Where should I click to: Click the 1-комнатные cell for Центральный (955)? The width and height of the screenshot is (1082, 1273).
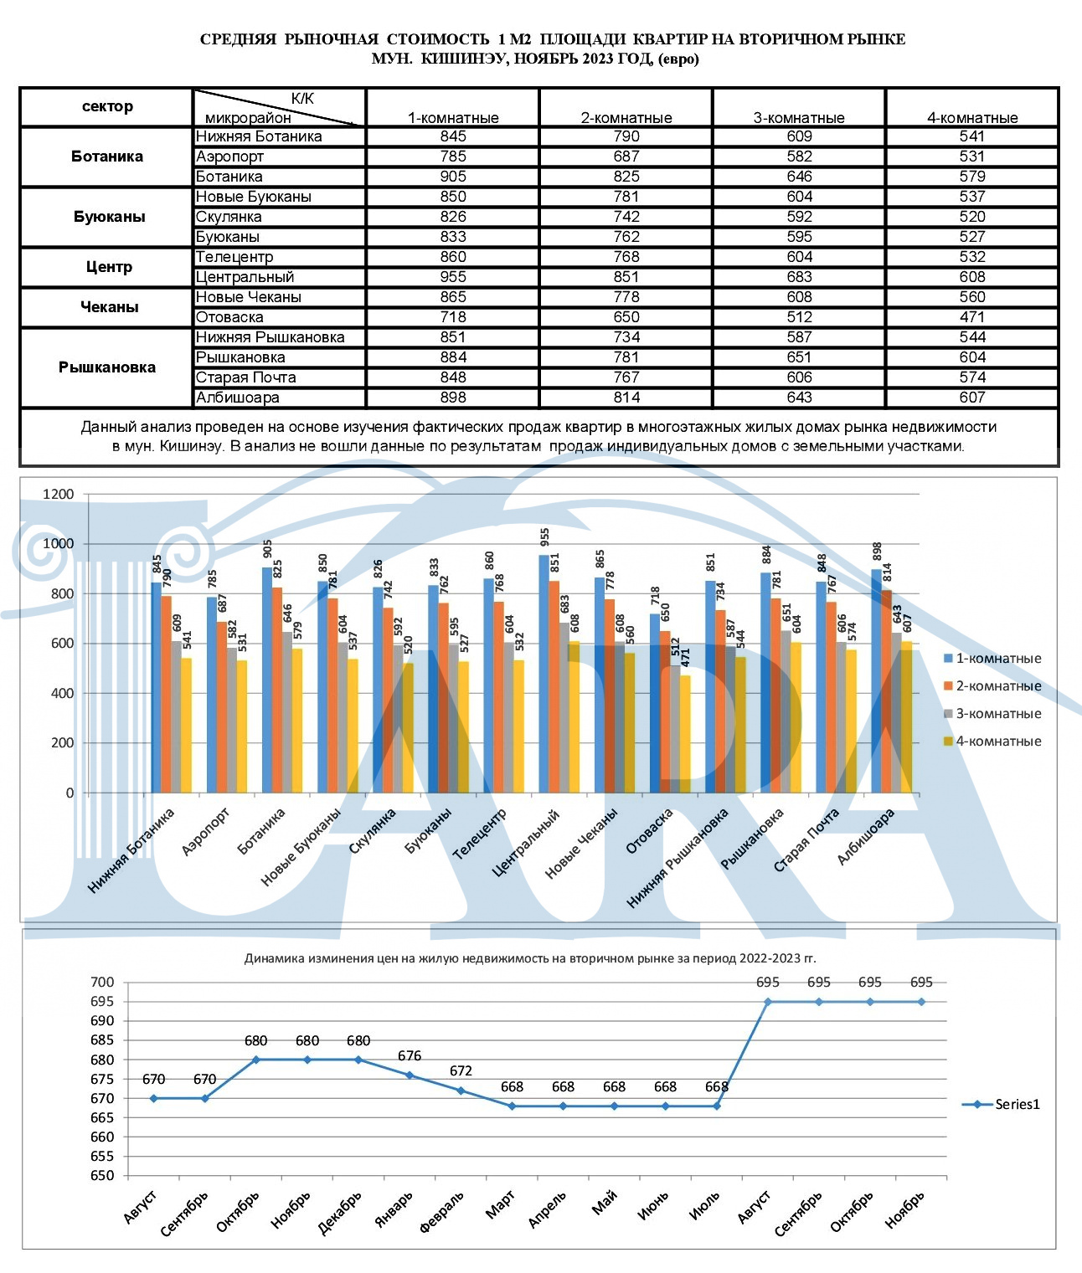[x=453, y=277]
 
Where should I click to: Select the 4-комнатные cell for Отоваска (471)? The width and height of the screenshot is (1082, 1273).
[x=972, y=317]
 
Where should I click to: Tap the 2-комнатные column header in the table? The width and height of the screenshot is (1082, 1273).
[x=626, y=118]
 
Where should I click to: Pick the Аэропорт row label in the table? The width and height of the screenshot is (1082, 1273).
[x=229, y=157]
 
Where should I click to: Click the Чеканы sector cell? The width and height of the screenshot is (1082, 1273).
[x=109, y=306]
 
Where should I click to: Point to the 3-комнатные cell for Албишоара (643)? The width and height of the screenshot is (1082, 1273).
[x=799, y=398]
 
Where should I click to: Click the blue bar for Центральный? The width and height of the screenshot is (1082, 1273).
[x=544, y=674]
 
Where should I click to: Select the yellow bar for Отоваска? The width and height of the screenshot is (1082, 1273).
[x=685, y=734]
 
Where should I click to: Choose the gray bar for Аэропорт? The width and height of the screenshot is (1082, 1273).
[x=232, y=720]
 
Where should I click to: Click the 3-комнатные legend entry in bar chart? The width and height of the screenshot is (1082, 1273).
[x=992, y=713]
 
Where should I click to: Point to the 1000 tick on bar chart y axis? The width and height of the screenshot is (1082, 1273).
[x=58, y=544]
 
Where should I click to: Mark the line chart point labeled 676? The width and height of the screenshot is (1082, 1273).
[x=410, y=1075]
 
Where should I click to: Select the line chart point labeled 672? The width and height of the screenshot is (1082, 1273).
[x=461, y=1091]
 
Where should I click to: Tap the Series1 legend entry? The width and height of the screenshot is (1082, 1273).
[x=1001, y=1104]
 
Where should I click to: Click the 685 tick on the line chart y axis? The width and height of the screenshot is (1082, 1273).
[x=102, y=1040]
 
